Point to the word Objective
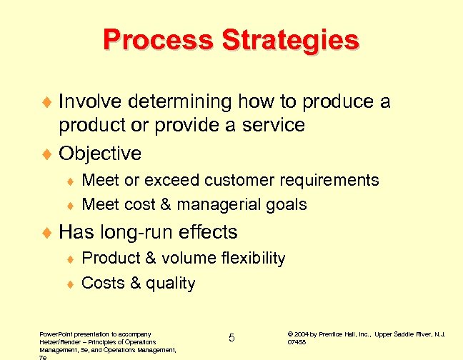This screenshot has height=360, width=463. coord(100,154)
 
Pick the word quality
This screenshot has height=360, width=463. coord(171,284)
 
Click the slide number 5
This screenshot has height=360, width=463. coord(231,338)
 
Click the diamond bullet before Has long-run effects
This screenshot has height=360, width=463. coord(48,233)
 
